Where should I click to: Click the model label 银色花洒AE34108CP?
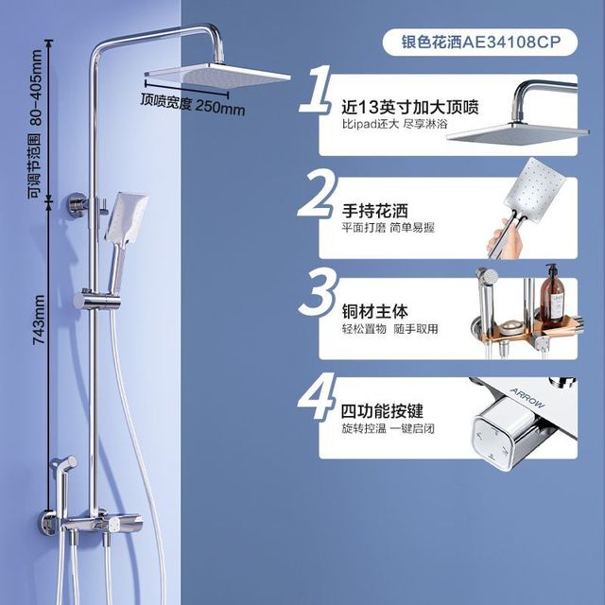click(480, 42)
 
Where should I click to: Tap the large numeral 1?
click(317, 89)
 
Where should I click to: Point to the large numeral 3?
click(318, 292)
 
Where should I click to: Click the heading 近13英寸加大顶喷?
click(409, 107)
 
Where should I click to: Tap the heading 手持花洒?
click(374, 211)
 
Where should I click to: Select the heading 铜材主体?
click(374, 311)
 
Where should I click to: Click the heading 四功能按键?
click(382, 411)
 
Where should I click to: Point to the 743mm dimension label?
click(39, 320)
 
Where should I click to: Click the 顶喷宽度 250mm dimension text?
click(192, 104)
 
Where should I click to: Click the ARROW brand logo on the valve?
click(527, 398)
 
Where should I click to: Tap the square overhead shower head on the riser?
click(217, 75)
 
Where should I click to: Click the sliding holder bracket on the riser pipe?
click(96, 299)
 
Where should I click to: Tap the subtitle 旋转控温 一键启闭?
click(388, 428)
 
